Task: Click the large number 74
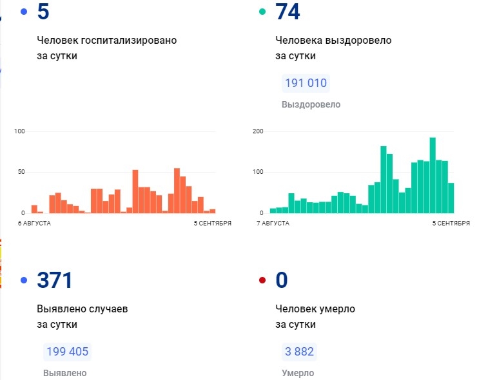tap(288, 12)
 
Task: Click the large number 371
tap(55, 280)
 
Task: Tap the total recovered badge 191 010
tap(306, 83)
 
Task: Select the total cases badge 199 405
tap(67, 352)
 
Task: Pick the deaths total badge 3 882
tap(299, 352)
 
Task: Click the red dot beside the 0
tap(262, 281)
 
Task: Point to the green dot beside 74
tap(262, 12)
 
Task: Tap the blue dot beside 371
tap(24, 281)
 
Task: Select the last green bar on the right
tap(451, 198)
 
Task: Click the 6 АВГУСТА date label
tap(35, 223)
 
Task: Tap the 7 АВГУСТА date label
tap(273, 223)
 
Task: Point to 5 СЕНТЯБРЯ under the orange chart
tap(212, 223)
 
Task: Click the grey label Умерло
tap(298, 373)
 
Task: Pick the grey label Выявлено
tap(64, 373)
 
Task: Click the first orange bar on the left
tap(34, 209)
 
